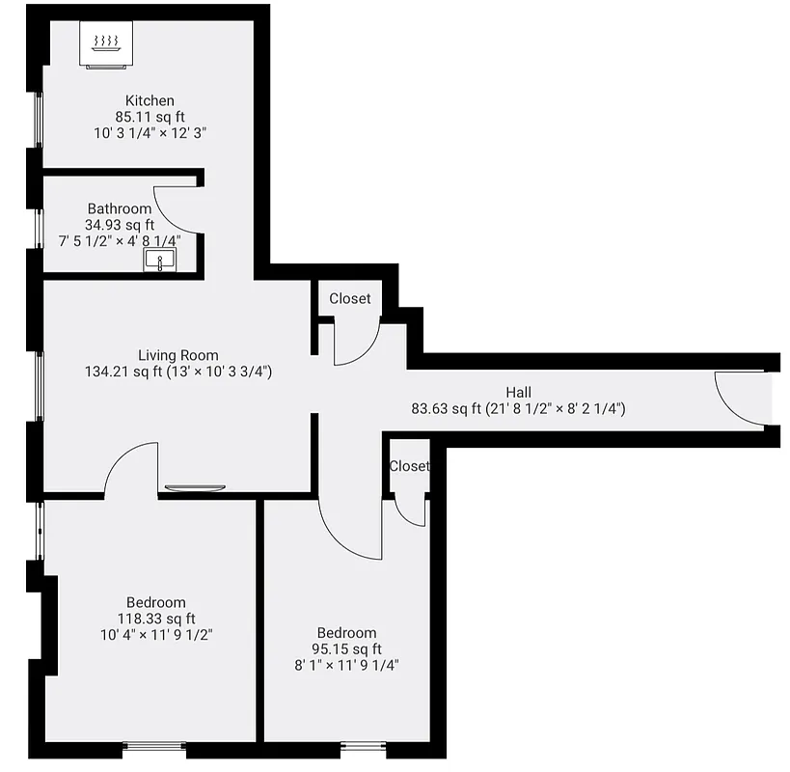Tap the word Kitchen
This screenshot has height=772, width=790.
click(x=150, y=100)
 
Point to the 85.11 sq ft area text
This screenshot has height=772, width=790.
click(x=150, y=117)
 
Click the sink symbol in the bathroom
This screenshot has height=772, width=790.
click(x=159, y=260)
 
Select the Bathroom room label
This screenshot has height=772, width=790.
click(x=120, y=208)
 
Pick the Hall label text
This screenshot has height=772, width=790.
click(x=518, y=392)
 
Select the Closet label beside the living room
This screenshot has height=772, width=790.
click(x=349, y=299)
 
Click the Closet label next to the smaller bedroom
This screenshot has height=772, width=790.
click(x=409, y=466)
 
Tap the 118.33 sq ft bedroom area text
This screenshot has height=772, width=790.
click(x=156, y=619)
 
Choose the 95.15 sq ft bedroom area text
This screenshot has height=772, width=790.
click(x=347, y=648)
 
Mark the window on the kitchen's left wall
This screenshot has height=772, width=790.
click(x=39, y=120)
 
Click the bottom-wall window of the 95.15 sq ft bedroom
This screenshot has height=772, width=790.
click(x=364, y=745)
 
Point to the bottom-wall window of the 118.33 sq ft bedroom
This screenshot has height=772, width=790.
click(x=154, y=745)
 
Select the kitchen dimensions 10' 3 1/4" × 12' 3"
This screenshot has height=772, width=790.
click(x=150, y=133)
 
